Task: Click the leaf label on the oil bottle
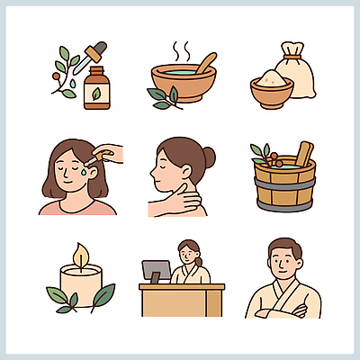point(96,94)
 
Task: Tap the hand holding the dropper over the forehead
point(109,153)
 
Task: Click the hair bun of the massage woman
point(209,157)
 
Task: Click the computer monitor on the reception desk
point(156,270)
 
